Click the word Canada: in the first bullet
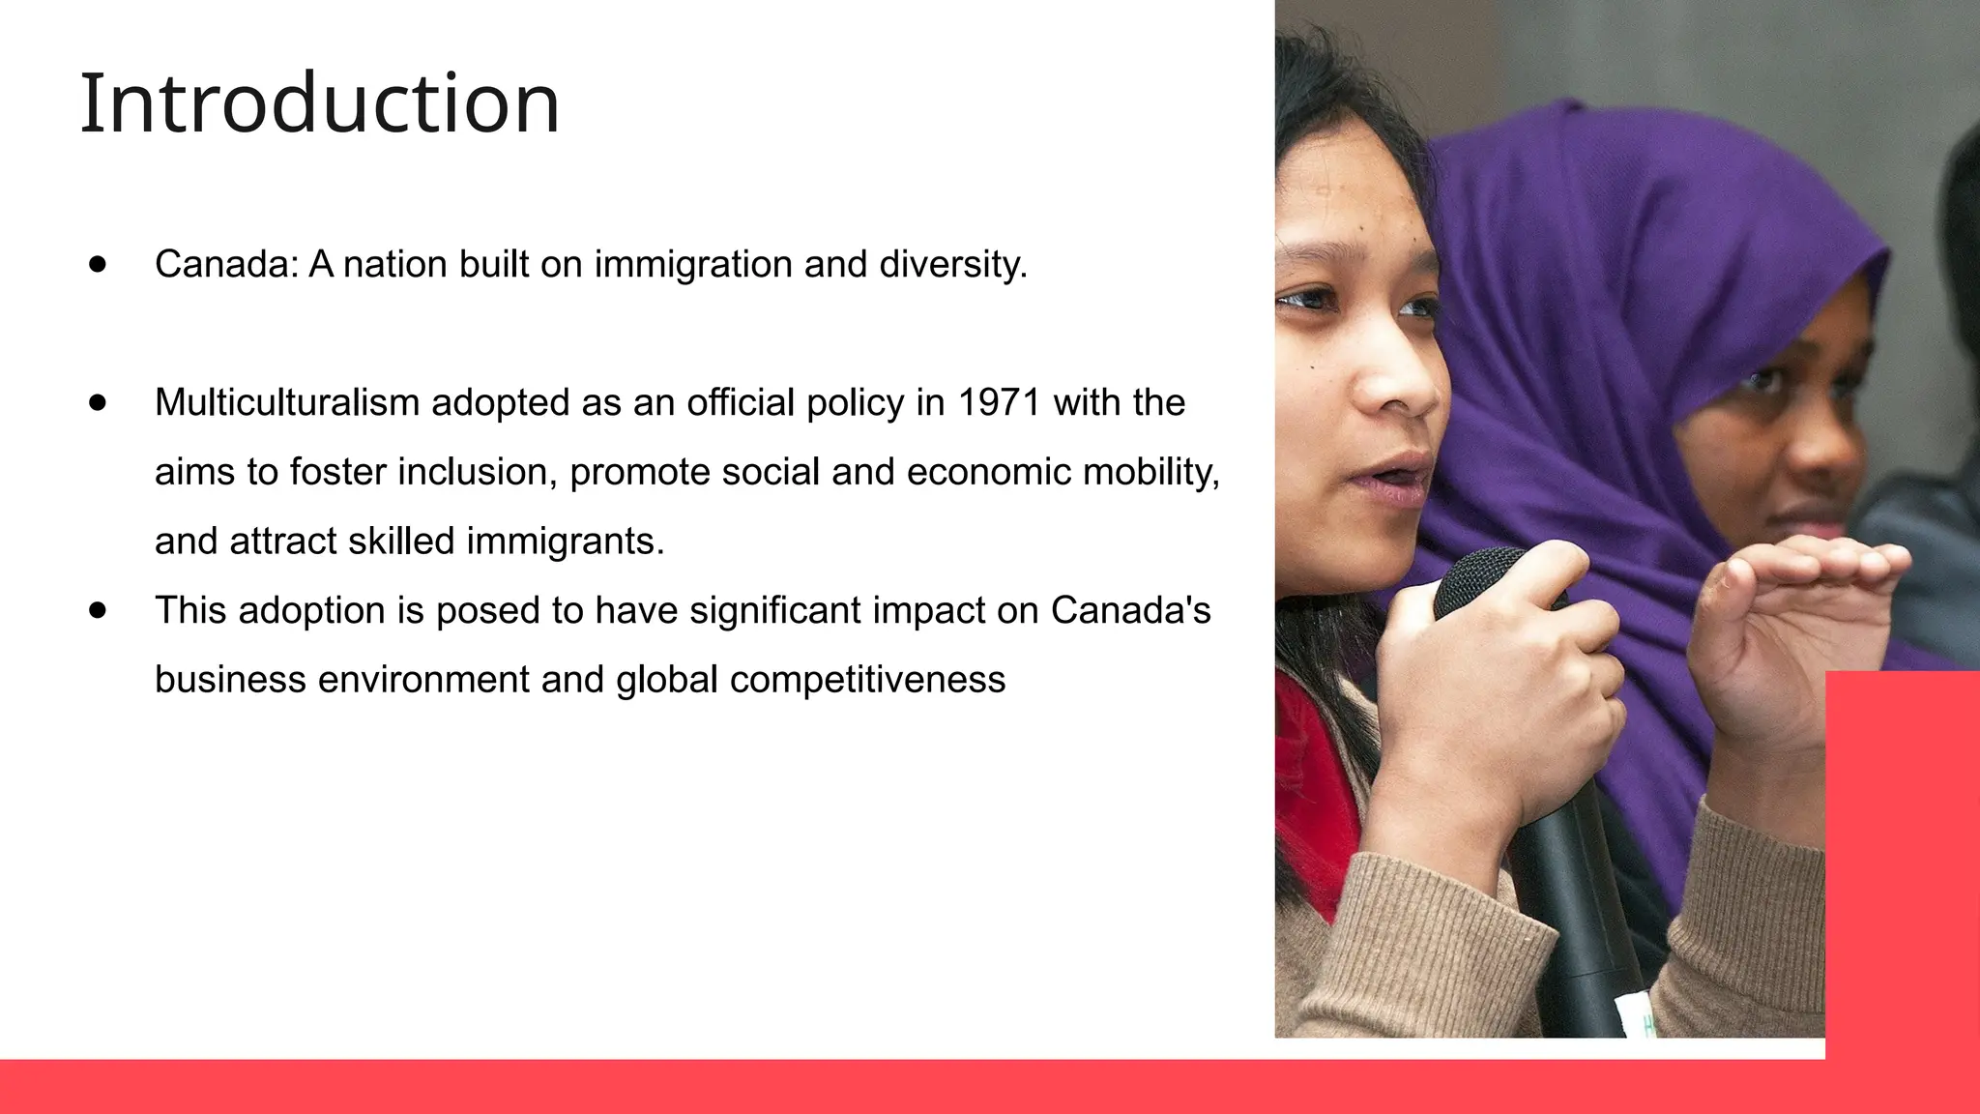227,264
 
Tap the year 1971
999,402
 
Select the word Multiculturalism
286,402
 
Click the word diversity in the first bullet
951,264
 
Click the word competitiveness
867,680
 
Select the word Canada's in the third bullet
1130,610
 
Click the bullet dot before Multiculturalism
98,402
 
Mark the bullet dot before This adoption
98,610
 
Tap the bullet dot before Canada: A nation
98,264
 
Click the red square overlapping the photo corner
1902,861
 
